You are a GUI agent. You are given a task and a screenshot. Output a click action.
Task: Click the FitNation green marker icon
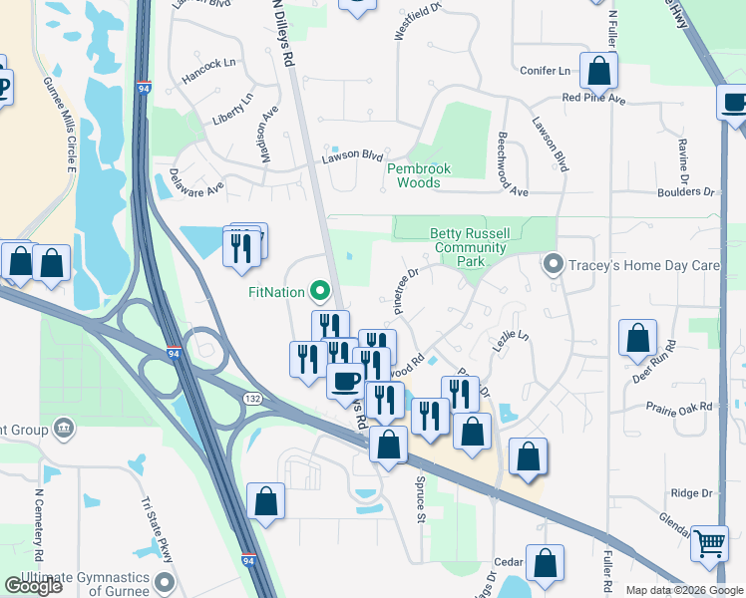click(x=320, y=292)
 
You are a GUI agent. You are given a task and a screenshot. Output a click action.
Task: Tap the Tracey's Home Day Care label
click(x=645, y=265)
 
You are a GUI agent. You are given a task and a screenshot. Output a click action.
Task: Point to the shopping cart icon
click(x=709, y=545)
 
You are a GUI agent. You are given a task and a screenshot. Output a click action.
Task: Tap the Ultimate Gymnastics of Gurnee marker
click(x=166, y=581)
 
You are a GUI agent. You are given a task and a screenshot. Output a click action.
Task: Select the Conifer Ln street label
click(x=546, y=71)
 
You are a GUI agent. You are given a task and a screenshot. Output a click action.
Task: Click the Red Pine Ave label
click(x=592, y=99)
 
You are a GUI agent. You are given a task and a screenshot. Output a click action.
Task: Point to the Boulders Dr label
click(x=686, y=191)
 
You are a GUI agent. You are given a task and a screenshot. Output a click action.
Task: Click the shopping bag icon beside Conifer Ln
click(x=598, y=71)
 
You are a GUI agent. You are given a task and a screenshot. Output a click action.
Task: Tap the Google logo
click(x=34, y=586)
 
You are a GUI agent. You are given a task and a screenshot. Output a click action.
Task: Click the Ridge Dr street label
click(x=691, y=493)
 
